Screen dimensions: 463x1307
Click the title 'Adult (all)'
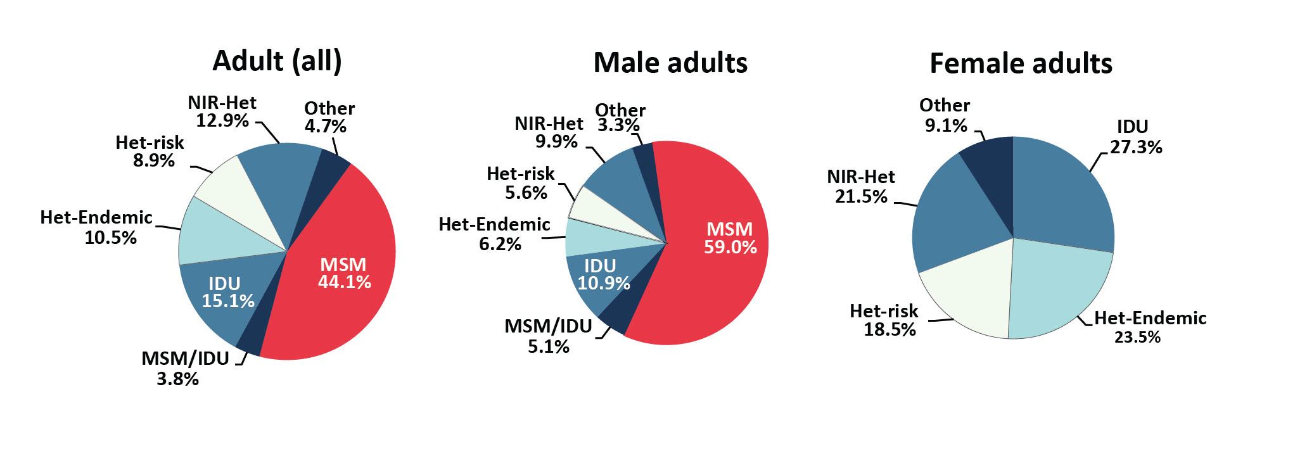coord(277,61)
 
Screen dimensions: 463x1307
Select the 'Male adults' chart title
coord(670,63)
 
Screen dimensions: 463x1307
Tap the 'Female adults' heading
coord(1021,64)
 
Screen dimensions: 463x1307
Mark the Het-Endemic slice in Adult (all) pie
coord(215,234)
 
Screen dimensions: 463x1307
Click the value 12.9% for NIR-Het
coord(222,120)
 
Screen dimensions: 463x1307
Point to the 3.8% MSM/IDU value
coord(178,379)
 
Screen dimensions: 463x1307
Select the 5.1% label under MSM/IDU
coord(549,346)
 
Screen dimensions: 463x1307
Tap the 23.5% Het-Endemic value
coord(1137,337)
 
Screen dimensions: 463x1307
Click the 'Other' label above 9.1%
coord(945,105)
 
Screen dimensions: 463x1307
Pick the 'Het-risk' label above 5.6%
coord(520,174)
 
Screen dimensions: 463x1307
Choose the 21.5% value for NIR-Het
coord(861,196)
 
